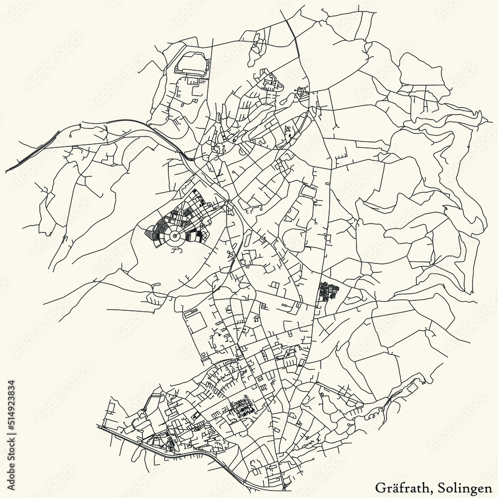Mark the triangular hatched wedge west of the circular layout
tap(150, 231)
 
